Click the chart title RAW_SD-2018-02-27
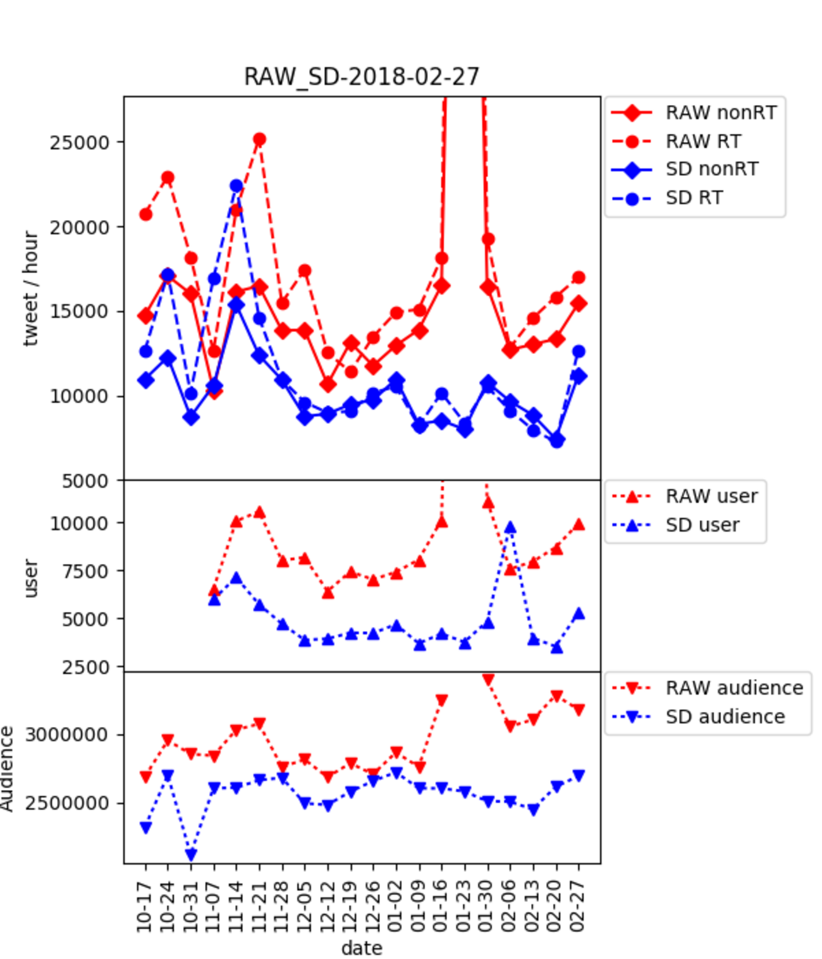tap(362, 76)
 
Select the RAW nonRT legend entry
tap(721, 113)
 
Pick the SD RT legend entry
tap(694, 198)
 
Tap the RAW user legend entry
tap(711, 496)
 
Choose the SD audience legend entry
tap(725, 716)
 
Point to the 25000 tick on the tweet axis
tap(80, 142)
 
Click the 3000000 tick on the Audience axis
tap(66, 735)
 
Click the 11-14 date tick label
tap(236, 906)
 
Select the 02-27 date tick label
tap(578, 906)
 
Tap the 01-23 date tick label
tap(464, 906)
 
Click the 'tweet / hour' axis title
tap(30, 288)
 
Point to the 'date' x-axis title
tap(362, 948)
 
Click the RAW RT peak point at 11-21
tap(259, 139)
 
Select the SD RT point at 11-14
tap(236, 186)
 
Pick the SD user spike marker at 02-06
tap(510, 528)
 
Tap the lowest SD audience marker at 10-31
tap(191, 855)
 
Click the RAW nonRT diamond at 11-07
tap(214, 391)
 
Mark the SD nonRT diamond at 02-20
tap(556, 440)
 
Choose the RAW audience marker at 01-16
tap(441, 700)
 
